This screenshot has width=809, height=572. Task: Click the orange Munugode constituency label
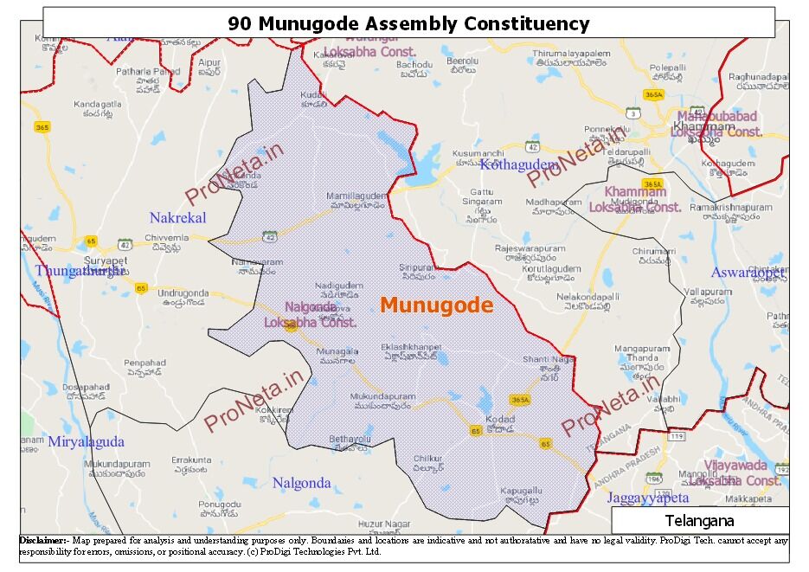[436, 305]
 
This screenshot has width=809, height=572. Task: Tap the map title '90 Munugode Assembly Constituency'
[408, 23]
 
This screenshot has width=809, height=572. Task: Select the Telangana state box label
[699, 521]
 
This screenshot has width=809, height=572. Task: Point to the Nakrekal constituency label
[177, 218]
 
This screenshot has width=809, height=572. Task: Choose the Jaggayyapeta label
[647, 498]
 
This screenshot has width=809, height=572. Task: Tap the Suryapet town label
[106, 260]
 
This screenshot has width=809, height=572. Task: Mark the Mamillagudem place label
[355, 196]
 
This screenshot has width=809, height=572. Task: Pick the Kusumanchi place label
[478, 153]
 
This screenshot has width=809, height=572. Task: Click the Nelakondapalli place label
[588, 295]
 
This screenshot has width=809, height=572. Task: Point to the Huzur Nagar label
[383, 524]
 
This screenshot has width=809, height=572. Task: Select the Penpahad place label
[144, 363]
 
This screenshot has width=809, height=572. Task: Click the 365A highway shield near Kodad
[519, 400]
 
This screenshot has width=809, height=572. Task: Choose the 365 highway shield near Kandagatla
[42, 128]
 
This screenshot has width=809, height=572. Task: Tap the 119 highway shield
[675, 437]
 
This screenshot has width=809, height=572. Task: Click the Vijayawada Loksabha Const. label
[736, 472]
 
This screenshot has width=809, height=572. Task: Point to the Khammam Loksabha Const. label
[635, 199]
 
